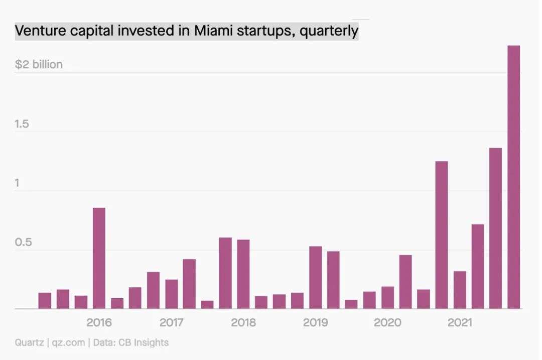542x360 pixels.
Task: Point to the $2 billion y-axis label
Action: click(x=39, y=64)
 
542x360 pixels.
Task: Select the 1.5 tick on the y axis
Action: click(x=22, y=124)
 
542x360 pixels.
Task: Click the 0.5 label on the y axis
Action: click(x=24, y=243)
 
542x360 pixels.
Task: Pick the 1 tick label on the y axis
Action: click(x=17, y=183)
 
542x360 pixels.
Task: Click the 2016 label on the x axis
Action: click(x=99, y=322)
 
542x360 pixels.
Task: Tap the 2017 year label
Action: click(x=171, y=322)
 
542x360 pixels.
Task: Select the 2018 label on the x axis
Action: click(x=243, y=322)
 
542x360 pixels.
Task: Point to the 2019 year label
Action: click(x=316, y=322)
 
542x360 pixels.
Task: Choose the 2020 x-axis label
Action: click(x=387, y=322)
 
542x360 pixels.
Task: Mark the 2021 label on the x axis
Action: click(x=460, y=322)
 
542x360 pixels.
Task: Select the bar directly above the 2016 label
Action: click(x=99, y=258)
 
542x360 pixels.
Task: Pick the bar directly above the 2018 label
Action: click(x=243, y=274)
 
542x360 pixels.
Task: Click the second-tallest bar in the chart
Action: click(x=496, y=228)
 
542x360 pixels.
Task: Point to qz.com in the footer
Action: click(x=69, y=343)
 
